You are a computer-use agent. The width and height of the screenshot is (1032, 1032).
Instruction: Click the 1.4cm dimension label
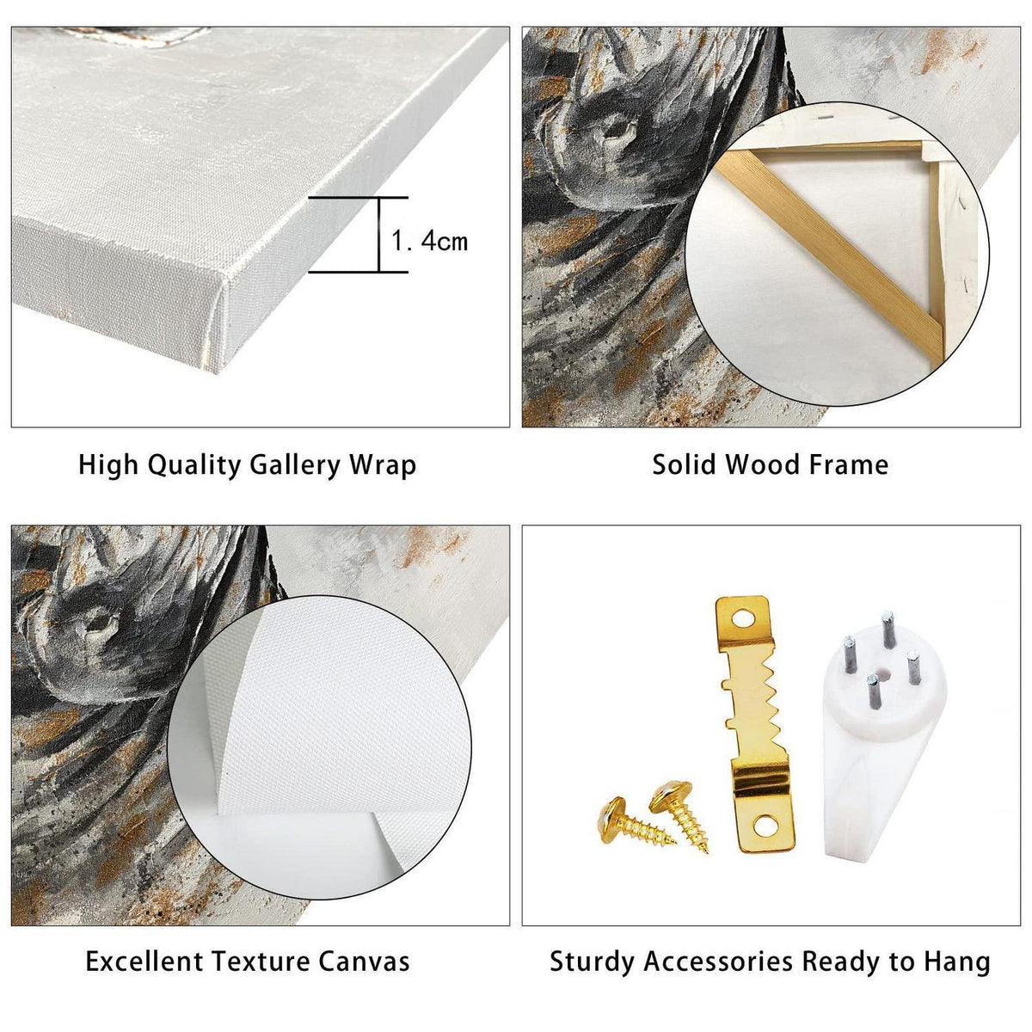(x=429, y=242)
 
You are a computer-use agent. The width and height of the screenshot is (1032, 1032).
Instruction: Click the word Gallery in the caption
(x=295, y=465)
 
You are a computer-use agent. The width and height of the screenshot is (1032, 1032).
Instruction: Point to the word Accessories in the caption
(x=717, y=961)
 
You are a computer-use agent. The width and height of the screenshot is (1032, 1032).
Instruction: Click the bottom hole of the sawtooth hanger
(x=765, y=828)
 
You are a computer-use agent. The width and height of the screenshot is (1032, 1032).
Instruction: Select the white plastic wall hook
(x=885, y=750)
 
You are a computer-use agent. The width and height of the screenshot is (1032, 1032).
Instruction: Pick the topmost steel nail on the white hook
(x=888, y=630)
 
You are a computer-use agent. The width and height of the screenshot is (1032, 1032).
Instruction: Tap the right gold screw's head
(x=671, y=796)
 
